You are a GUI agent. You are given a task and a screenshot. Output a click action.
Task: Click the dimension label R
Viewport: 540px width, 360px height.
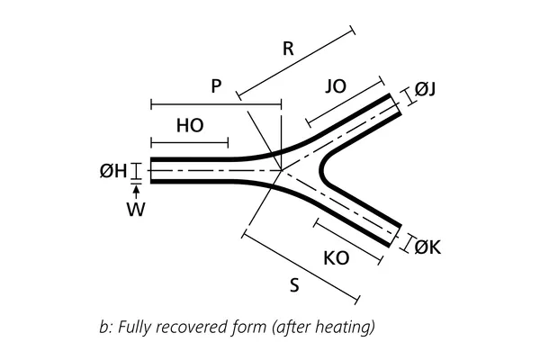(x=288, y=49)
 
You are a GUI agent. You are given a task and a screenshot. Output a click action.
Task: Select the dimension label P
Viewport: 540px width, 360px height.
(x=216, y=86)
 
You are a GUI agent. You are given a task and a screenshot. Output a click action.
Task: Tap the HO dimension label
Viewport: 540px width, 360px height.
(x=190, y=126)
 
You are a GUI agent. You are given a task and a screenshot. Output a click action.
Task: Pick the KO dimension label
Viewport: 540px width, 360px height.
(x=336, y=258)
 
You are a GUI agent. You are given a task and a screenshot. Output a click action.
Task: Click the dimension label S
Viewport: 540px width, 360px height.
(x=294, y=286)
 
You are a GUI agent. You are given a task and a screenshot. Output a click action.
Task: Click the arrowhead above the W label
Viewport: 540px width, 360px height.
(x=136, y=191)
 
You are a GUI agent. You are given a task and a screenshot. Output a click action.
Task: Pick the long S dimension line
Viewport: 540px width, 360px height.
(x=302, y=268)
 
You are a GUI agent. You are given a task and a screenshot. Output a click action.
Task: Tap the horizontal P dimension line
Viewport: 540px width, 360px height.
(x=216, y=103)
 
